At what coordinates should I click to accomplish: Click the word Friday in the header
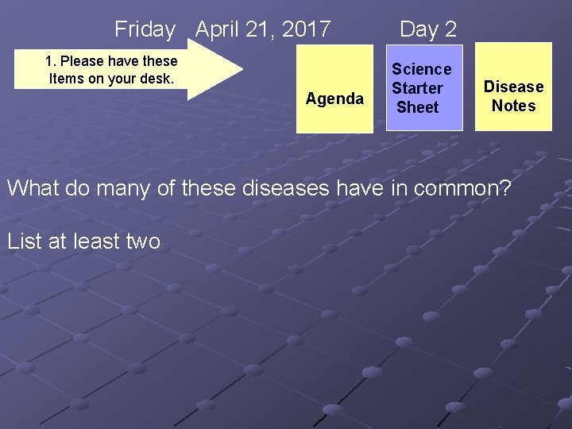145,29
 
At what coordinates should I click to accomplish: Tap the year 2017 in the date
306,29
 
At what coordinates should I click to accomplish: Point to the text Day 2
428,29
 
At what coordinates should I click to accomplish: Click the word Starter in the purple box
417,88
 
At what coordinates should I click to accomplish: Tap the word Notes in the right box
513,106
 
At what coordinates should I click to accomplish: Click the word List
25,241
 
